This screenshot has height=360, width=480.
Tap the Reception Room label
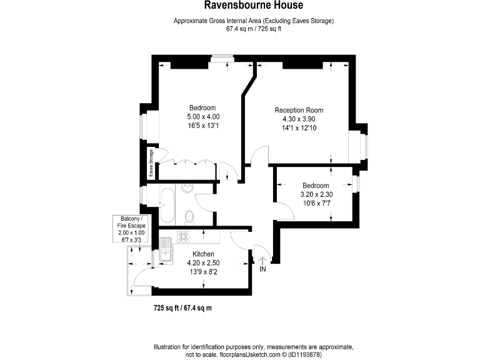pyautogui.click(x=299, y=111)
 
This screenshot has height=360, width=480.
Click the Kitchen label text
pyautogui.click(x=204, y=254)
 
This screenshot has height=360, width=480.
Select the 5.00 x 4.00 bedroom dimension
pyautogui.click(x=203, y=117)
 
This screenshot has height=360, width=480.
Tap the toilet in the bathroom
pyautogui.click(x=190, y=216)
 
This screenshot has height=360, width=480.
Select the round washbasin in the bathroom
pyautogui.click(x=187, y=187)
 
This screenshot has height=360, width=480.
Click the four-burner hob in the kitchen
pyautogui.click(x=184, y=236)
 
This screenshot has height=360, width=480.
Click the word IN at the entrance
pyautogui.click(x=262, y=269)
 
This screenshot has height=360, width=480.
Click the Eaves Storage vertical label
pyautogui.click(x=151, y=162)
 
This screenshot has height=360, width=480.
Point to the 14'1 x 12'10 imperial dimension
pyautogui.click(x=299, y=128)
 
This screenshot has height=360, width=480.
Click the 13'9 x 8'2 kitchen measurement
pyautogui.click(x=204, y=271)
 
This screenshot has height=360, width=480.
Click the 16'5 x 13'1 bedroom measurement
pyautogui.click(x=203, y=126)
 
